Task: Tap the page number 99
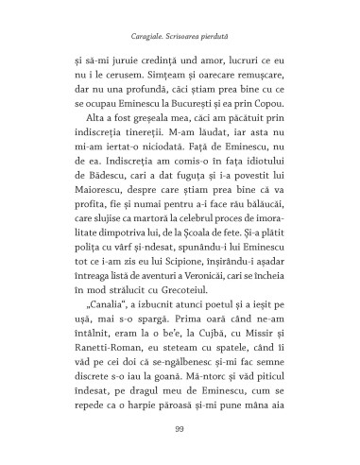(180, 429)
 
